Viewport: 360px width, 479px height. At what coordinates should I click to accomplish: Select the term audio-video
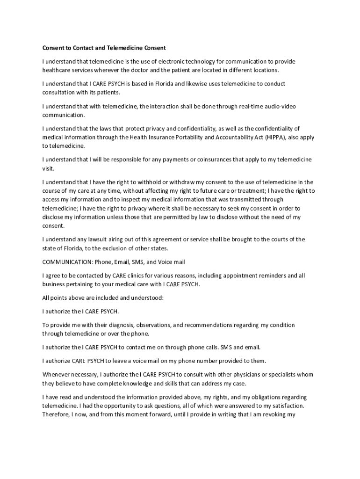tap(279, 106)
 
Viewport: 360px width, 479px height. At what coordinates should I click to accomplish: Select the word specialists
tap(278, 374)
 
